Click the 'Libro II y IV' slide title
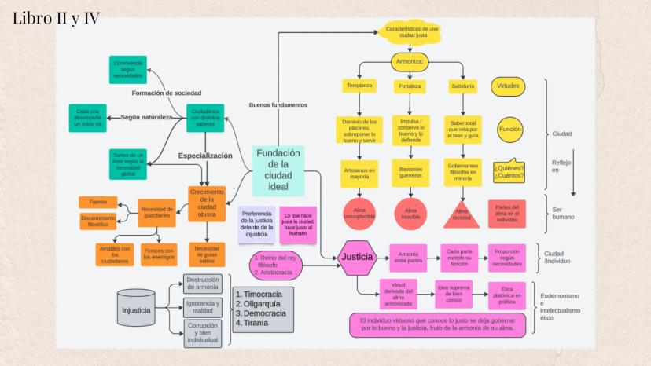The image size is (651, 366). (56, 19)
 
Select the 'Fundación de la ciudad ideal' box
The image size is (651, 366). (279, 170)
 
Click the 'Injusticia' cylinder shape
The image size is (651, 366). (135, 310)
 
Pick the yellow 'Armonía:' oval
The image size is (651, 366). (410, 61)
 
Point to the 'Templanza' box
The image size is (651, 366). (361, 85)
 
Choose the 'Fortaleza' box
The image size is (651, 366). (410, 85)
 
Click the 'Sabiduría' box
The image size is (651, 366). (462, 85)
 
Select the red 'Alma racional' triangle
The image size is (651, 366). (462, 213)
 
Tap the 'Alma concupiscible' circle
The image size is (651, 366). (361, 213)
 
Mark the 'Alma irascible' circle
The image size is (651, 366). (410, 213)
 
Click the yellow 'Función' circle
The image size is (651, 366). (509, 130)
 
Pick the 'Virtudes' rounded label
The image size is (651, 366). (509, 85)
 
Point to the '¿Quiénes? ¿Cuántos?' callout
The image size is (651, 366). (509, 171)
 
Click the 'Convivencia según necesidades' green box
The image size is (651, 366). (128, 70)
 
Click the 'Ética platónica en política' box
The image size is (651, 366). (507, 295)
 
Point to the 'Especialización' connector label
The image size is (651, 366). (205, 156)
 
